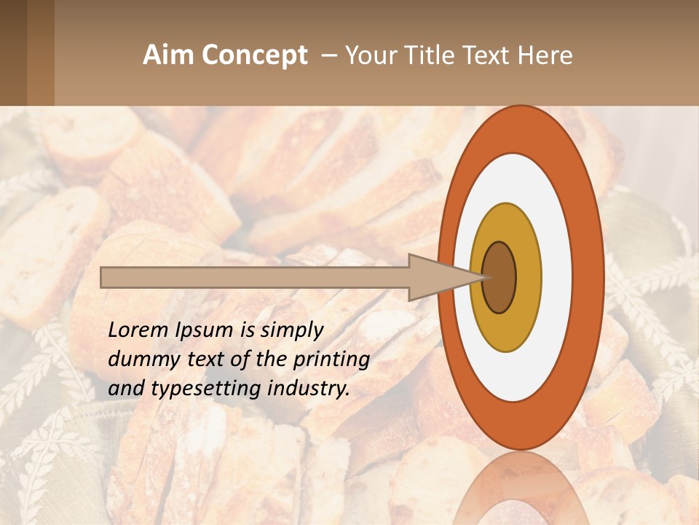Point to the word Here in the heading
[x=547, y=55]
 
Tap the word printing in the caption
[x=331, y=360]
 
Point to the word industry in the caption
[x=308, y=389]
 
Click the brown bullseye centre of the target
[x=499, y=278]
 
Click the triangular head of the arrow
[x=437, y=278]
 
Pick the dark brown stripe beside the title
[x=13, y=52]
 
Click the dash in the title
[x=329, y=55]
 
